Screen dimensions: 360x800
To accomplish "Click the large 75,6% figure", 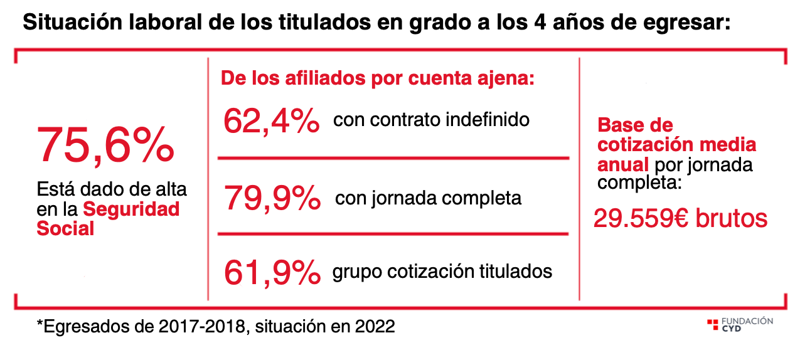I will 105,145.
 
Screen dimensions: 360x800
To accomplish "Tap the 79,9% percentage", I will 272,198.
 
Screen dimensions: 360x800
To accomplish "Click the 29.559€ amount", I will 646,218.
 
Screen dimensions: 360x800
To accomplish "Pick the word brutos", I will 735,218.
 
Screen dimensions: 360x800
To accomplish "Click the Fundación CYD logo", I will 740,324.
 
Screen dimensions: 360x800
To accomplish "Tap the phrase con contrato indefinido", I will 431,119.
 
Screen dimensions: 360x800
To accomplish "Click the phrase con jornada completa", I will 428,198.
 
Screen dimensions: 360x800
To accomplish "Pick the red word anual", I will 622,165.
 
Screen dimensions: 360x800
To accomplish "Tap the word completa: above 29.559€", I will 636,184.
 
